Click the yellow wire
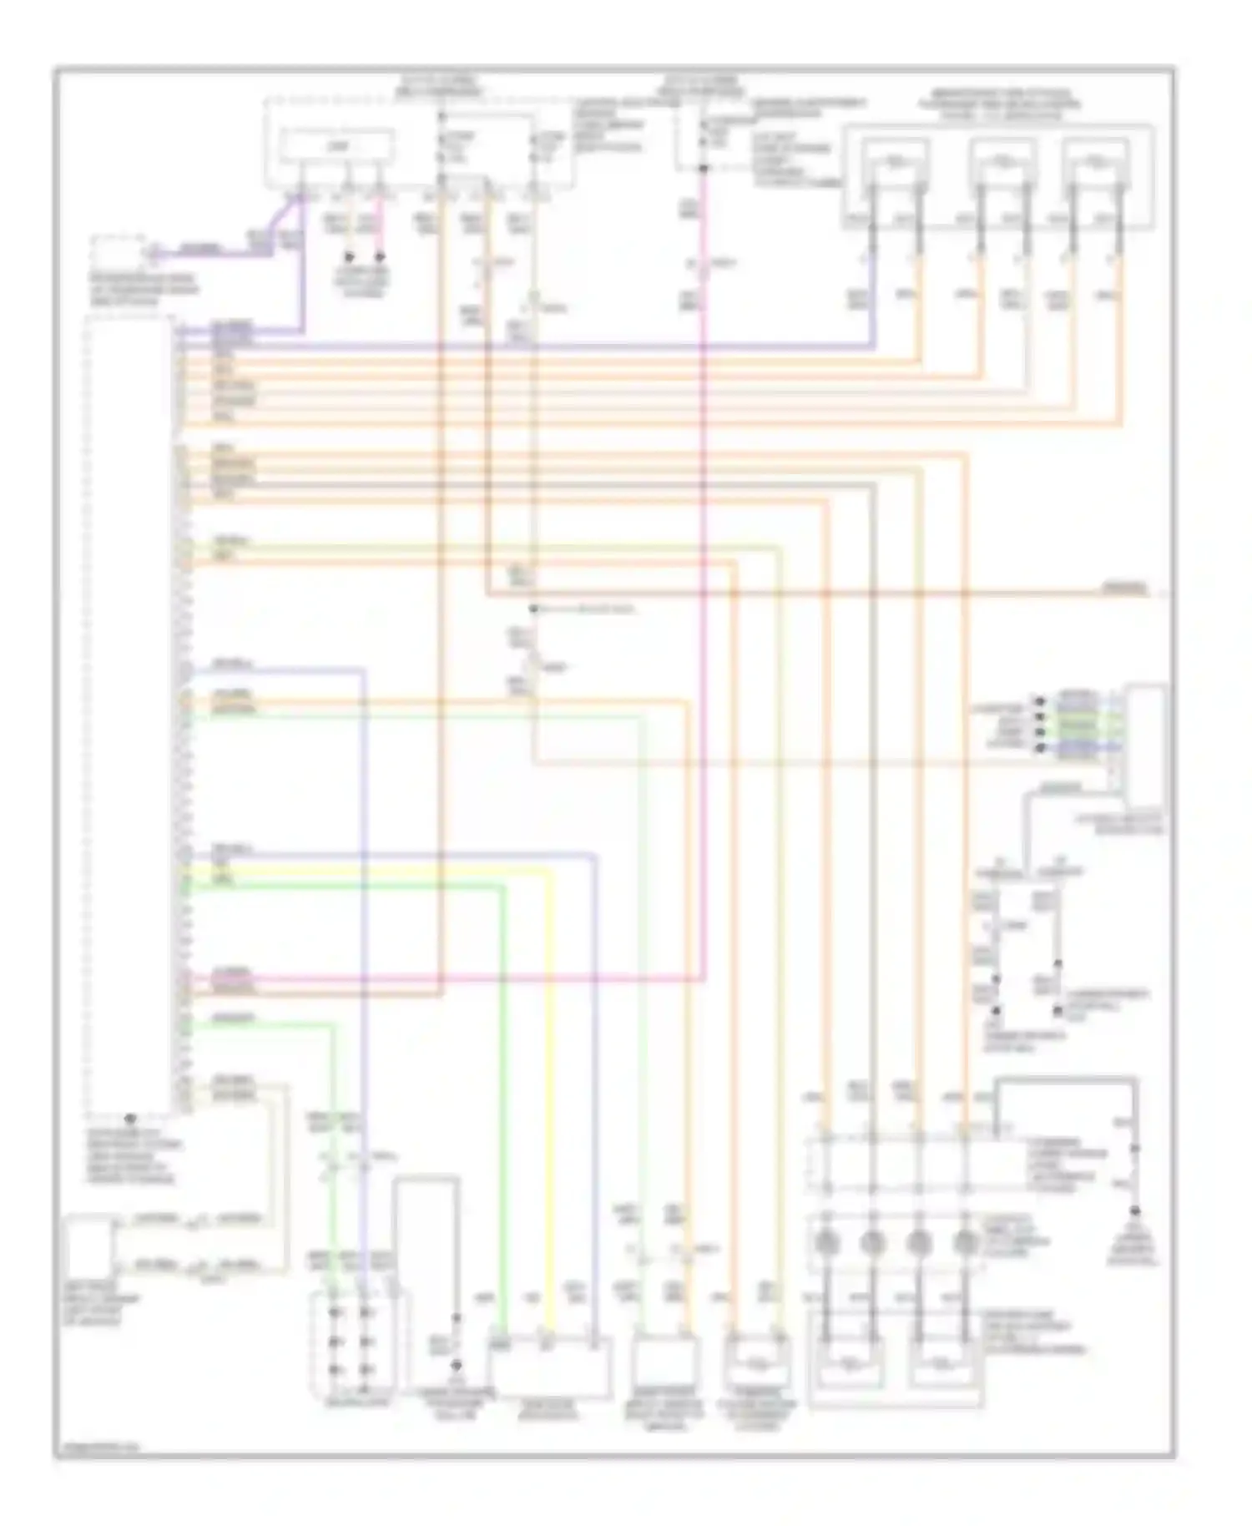click(548, 1085)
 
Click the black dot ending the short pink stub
click(380, 256)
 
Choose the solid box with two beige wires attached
click(88, 1244)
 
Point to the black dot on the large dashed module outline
click(129, 1118)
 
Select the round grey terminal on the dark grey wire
click(871, 1243)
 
